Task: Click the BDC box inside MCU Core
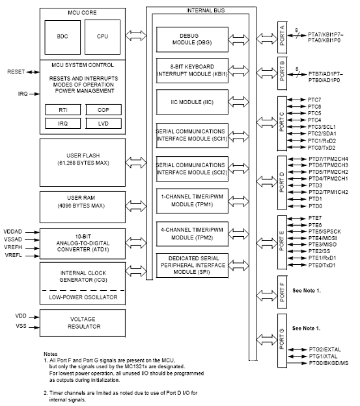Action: click(x=62, y=37)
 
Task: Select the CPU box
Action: click(x=103, y=37)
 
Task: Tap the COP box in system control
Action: click(x=104, y=110)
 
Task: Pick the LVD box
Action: click(x=104, y=124)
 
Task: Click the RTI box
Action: click(x=63, y=110)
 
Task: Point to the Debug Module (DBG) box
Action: click(x=192, y=39)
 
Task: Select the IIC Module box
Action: click(x=192, y=102)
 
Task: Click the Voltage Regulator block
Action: click(x=83, y=323)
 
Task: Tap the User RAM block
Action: click(x=83, y=207)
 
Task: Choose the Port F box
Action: click(x=282, y=291)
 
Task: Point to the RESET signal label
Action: click(x=16, y=72)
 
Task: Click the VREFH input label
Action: click(x=13, y=247)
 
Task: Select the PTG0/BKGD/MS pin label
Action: click(x=328, y=363)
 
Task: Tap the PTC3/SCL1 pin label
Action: click(x=322, y=127)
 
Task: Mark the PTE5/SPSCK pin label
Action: click(x=324, y=232)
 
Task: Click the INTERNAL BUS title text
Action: click(x=205, y=10)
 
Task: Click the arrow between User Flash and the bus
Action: click(x=136, y=163)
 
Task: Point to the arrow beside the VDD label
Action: click(x=34, y=317)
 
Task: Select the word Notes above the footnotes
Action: click(x=51, y=354)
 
